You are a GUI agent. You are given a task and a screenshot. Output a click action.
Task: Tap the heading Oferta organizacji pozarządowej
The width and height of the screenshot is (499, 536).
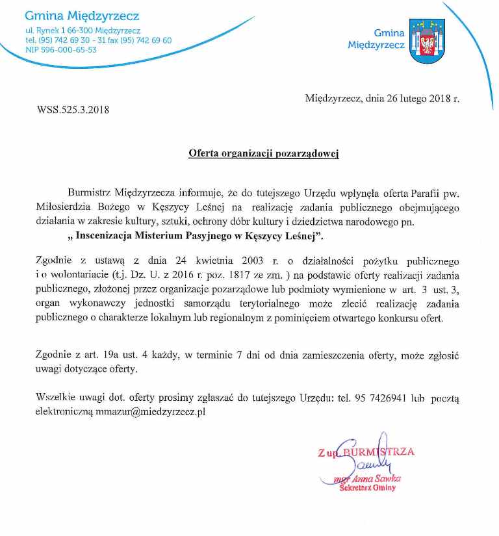click(x=263, y=154)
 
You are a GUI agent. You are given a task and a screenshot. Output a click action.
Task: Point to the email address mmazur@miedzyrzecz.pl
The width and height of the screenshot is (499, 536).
click(x=151, y=411)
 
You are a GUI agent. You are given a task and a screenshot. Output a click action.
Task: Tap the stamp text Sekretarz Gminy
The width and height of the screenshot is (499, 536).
click(x=367, y=488)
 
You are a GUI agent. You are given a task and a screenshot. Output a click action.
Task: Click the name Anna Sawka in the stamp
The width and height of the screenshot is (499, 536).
click(x=376, y=479)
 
